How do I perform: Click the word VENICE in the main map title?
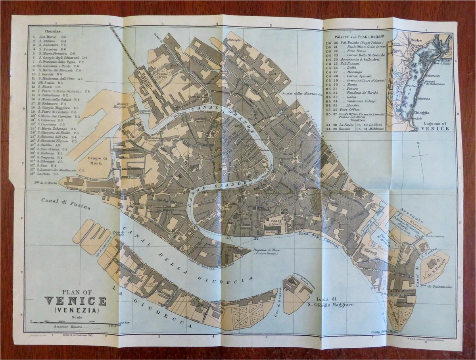tap(75, 301)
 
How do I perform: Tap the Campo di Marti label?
tap(98, 160)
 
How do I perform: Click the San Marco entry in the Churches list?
tap(47, 37)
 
